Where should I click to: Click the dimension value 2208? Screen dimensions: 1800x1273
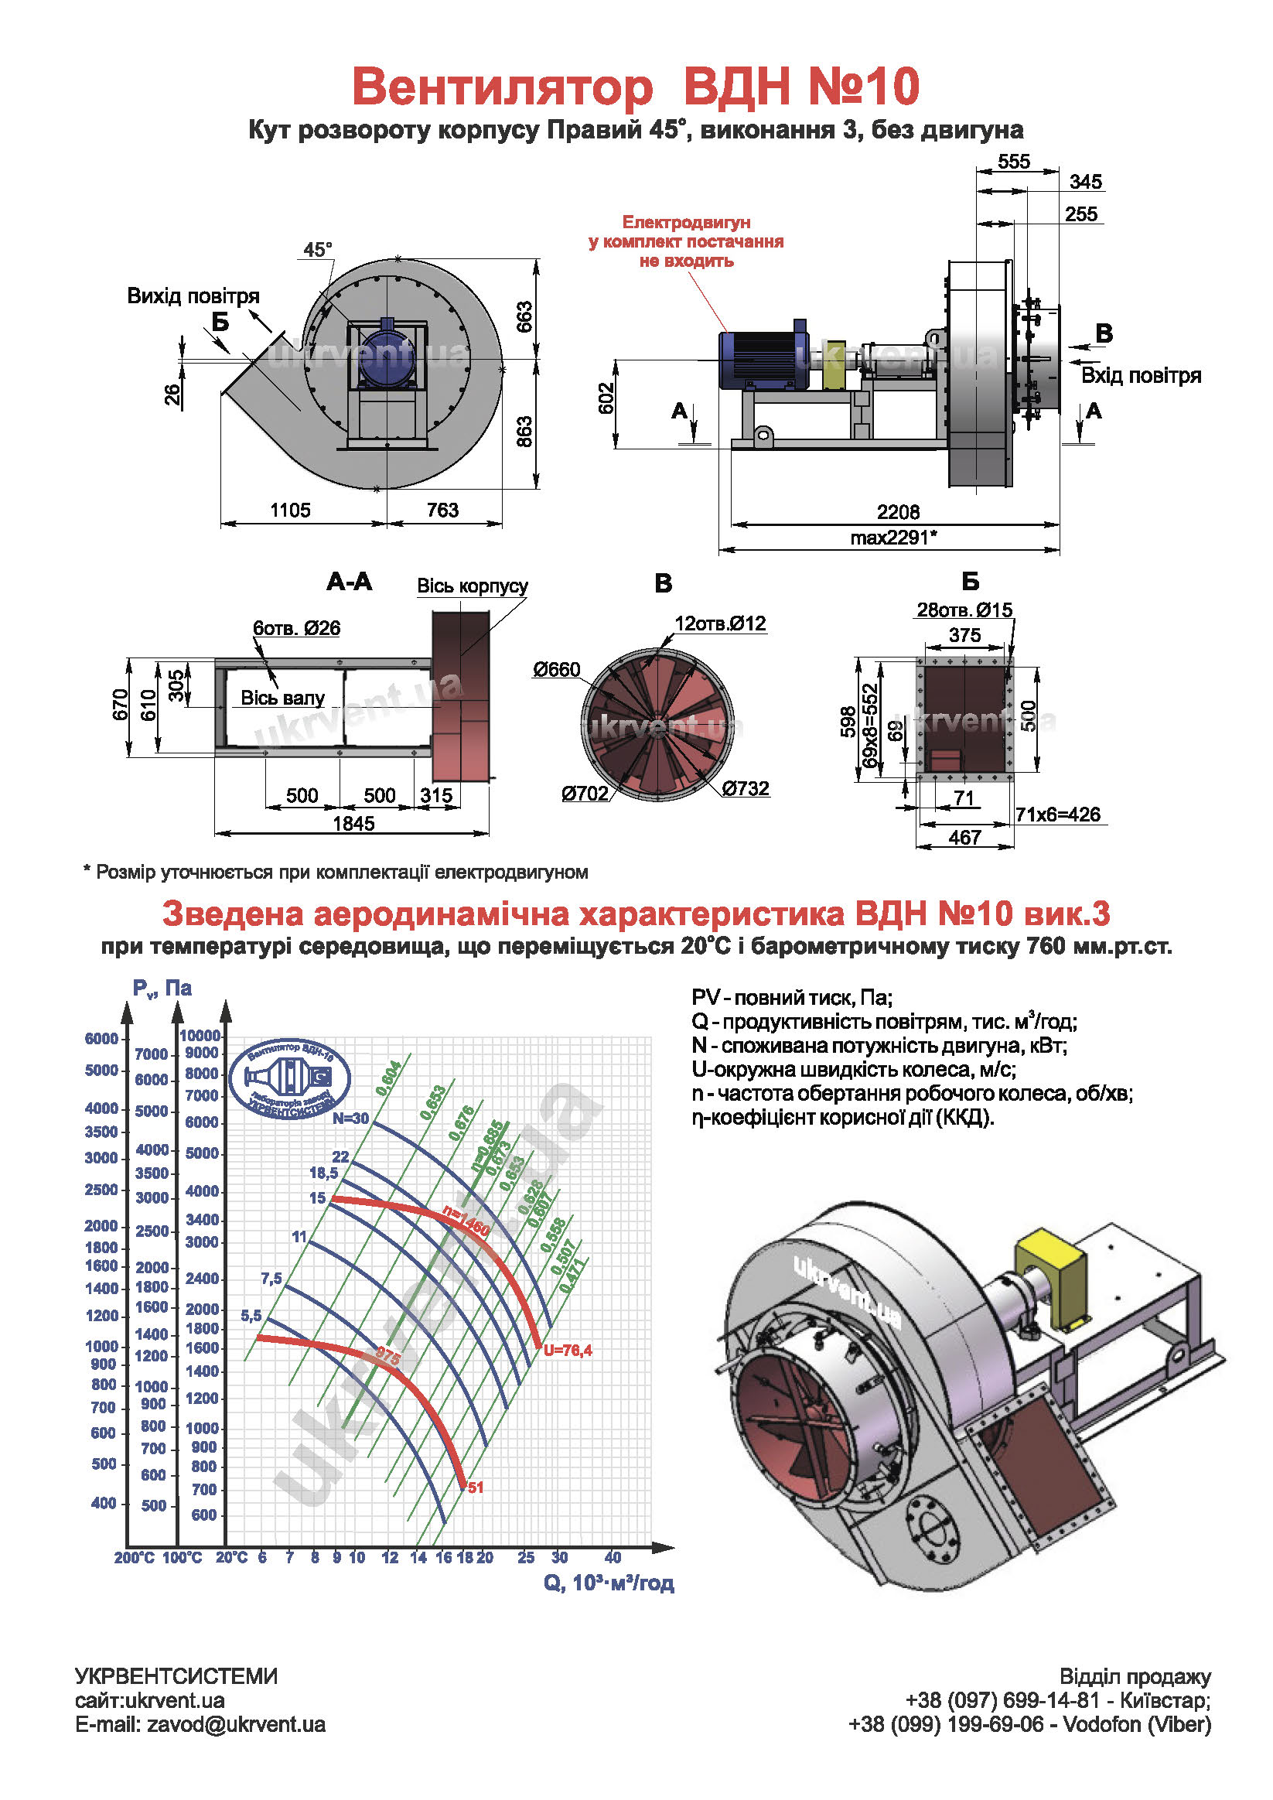click(898, 512)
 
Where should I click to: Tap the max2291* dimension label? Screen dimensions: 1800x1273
click(893, 538)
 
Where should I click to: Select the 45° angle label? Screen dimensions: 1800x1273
click(317, 249)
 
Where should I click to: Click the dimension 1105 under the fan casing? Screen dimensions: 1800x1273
click(290, 511)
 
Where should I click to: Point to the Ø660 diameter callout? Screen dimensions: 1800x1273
click(557, 670)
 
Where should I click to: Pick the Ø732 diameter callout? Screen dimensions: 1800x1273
click(746, 789)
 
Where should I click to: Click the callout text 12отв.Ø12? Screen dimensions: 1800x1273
click(720, 623)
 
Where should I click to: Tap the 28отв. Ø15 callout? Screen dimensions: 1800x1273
click(964, 610)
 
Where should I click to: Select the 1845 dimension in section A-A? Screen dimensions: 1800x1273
click(353, 823)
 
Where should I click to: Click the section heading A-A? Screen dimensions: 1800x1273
click(350, 582)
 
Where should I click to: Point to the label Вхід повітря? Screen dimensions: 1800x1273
click(1141, 375)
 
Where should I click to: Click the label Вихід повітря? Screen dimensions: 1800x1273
click(193, 296)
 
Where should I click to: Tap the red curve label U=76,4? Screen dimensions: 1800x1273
click(568, 1350)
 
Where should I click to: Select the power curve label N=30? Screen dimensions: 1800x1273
click(350, 1119)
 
